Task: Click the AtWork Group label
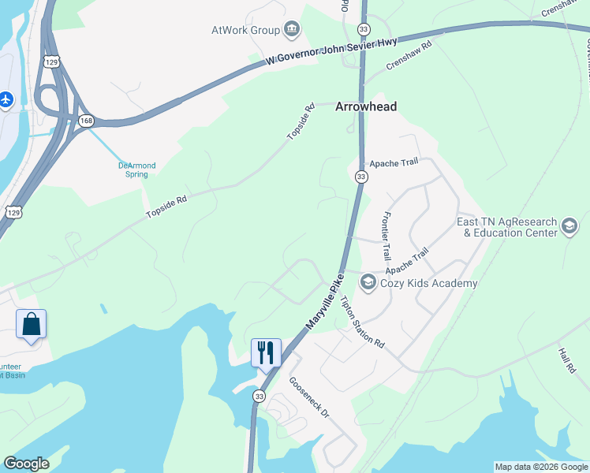(x=245, y=30)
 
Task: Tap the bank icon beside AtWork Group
(x=291, y=30)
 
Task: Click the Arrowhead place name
(x=366, y=106)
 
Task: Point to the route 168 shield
(x=85, y=120)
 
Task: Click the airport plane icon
(x=6, y=99)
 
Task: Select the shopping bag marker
(x=31, y=325)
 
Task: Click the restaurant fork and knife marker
(x=266, y=352)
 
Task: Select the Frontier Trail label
(x=386, y=236)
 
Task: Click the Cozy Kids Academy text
(x=429, y=283)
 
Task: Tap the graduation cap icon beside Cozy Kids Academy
(x=368, y=281)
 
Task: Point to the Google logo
(x=26, y=464)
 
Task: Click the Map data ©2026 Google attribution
(x=541, y=467)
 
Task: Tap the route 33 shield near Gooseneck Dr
(x=260, y=397)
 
